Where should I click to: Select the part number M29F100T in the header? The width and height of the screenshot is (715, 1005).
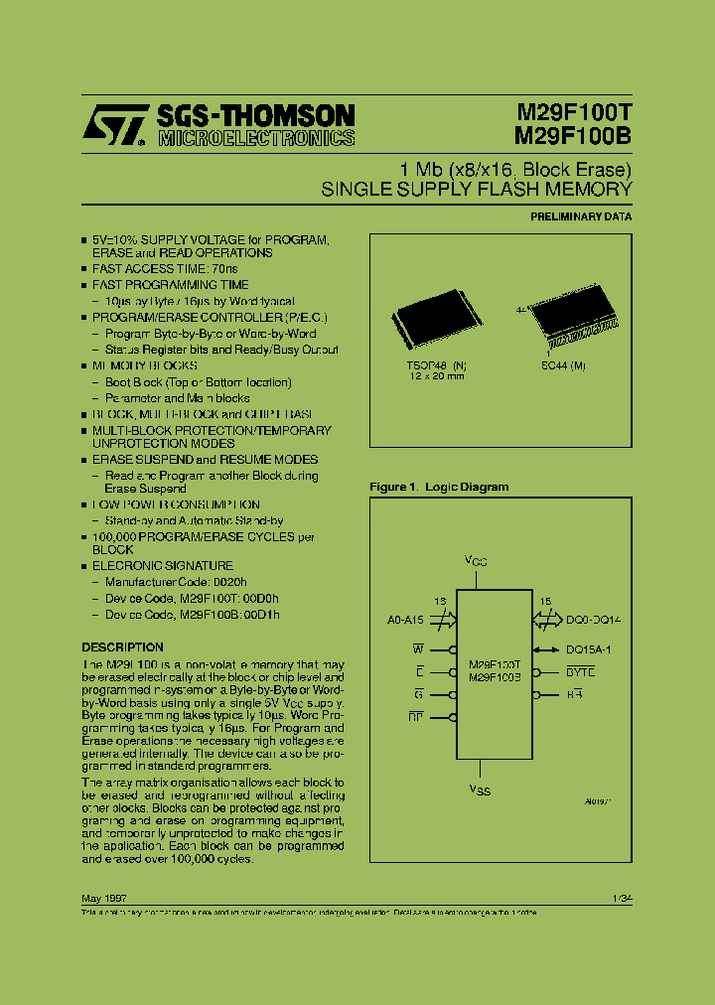pyautogui.click(x=573, y=115)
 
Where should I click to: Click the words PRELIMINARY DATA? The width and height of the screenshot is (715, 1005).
pyautogui.click(x=581, y=215)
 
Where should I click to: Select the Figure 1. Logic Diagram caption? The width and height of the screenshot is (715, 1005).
pyautogui.click(x=439, y=487)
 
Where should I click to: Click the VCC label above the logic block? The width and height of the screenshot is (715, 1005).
pyautogui.click(x=477, y=561)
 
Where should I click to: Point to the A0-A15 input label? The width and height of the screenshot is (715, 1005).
pyautogui.click(x=407, y=620)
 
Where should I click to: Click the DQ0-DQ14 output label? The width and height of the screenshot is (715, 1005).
pyautogui.click(x=594, y=620)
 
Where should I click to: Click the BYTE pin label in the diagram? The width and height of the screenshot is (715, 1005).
pyautogui.click(x=581, y=672)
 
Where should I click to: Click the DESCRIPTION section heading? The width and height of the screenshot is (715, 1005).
pyautogui.click(x=122, y=646)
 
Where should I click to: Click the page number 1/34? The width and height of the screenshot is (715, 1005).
pyautogui.click(x=623, y=897)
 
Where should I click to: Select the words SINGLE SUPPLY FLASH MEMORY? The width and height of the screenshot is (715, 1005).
pyautogui.click(x=477, y=189)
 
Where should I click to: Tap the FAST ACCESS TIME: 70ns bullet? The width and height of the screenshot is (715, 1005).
pyautogui.click(x=165, y=269)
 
